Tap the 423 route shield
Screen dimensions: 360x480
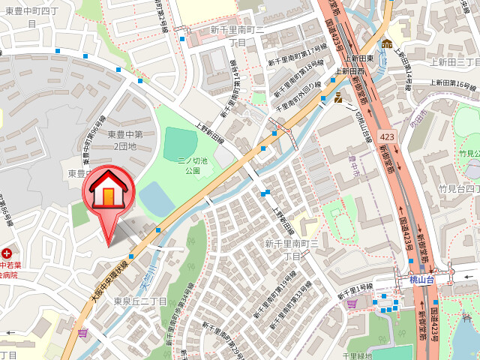pos(387,137)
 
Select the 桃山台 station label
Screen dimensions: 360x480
pos(422,279)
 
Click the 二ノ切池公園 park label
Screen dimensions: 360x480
pos(189,165)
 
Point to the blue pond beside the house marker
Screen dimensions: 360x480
pos(157,198)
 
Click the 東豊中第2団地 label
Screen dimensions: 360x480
pos(121,140)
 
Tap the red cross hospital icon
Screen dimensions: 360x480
pos(6,253)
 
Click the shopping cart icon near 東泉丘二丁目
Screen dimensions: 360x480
pos(82,331)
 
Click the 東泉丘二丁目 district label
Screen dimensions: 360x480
pos(140,301)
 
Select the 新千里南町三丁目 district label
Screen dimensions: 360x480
pos(292,250)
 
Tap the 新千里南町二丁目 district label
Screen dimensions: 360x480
pos(237,36)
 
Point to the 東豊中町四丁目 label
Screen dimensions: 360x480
pos(31,16)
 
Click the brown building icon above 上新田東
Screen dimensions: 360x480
pos(387,43)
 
